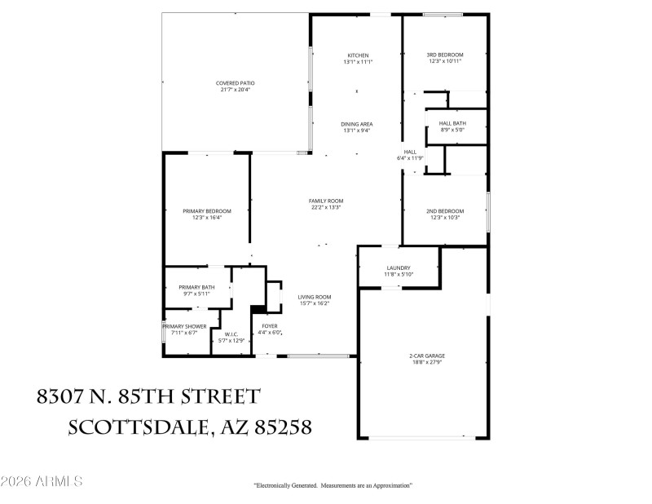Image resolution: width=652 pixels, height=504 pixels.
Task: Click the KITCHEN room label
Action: [358, 55]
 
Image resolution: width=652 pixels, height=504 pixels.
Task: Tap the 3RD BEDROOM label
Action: [444, 55]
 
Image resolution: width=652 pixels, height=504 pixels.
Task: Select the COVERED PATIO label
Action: [236, 83]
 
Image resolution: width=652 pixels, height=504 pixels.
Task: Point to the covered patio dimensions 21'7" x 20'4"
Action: [236, 90]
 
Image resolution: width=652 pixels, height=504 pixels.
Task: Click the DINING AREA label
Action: [357, 124]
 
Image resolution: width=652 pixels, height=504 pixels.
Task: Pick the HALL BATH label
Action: [452, 123]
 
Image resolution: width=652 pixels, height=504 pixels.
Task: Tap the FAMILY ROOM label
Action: [325, 201]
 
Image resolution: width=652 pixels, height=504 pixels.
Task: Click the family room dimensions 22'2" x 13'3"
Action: [325, 207]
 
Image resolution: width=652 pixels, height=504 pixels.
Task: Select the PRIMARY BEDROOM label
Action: [206, 211]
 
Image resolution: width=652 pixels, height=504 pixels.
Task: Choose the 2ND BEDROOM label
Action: [444, 211]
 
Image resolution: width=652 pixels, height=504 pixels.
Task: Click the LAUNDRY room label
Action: [399, 268]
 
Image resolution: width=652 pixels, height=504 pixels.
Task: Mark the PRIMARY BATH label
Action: [196, 287]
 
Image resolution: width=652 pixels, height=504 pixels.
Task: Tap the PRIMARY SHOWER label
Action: [184, 326]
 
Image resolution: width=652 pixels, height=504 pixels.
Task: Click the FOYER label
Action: [270, 326]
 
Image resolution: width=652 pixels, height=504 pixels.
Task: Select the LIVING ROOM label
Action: [313, 298]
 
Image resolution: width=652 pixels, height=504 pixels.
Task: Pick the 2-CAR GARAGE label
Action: [427, 356]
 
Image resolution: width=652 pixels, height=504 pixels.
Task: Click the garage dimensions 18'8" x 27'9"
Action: [427, 362]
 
